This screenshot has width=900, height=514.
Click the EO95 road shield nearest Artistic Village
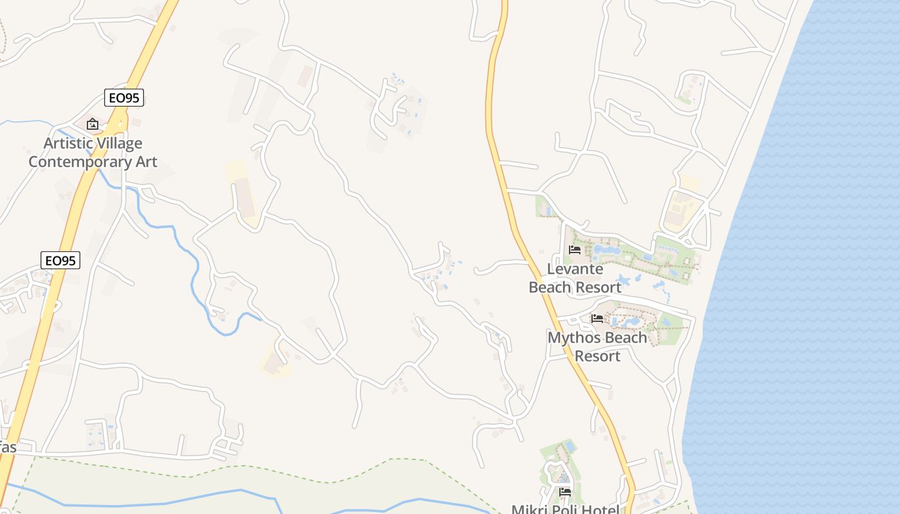[x=124, y=98]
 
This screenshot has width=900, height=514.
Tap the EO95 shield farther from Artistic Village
[x=60, y=260]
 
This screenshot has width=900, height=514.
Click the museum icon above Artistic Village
[x=93, y=124]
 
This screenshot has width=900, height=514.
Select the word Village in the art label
[x=120, y=143]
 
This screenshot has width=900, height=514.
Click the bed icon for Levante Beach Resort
[x=575, y=250]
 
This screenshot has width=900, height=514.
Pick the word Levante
[x=575, y=269]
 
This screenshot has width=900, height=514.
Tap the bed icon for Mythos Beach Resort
[x=597, y=318]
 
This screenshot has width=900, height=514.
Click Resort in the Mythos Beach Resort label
[x=598, y=355]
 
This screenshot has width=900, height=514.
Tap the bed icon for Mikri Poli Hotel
[x=565, y=492]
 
